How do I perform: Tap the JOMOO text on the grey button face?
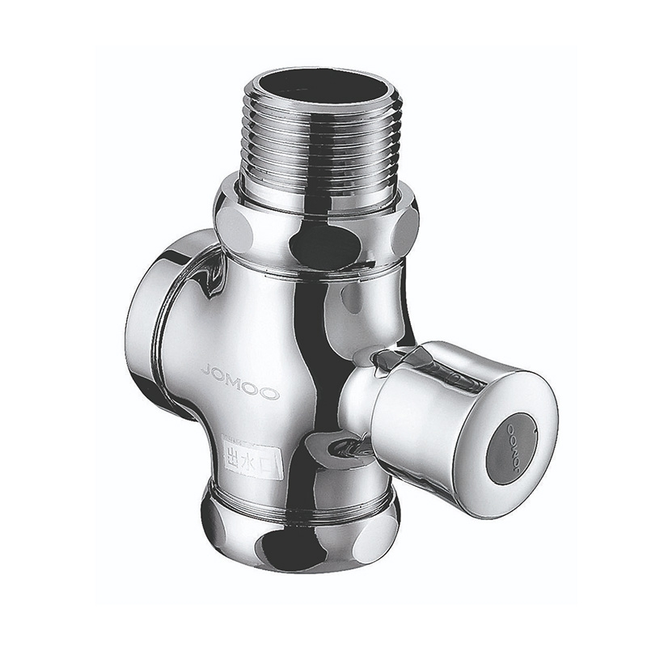(x=514, y=446)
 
